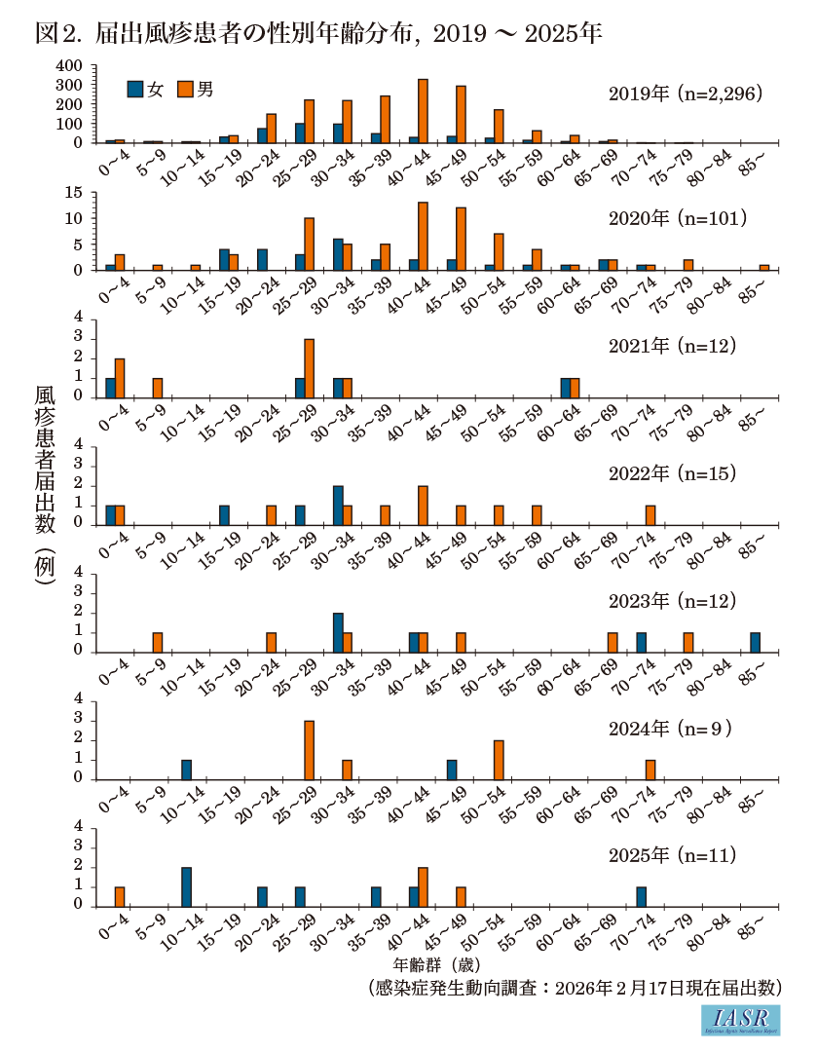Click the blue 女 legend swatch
135,90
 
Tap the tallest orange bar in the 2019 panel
423,111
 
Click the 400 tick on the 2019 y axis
72,66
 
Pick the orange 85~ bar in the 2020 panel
764,267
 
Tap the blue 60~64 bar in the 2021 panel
566,388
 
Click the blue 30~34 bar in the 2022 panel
338,506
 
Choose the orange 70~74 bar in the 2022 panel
650,515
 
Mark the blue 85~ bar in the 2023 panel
755,642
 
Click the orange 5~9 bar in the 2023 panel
158,642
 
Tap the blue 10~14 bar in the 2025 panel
186,886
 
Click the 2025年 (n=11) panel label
673,856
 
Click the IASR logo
740,1020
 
